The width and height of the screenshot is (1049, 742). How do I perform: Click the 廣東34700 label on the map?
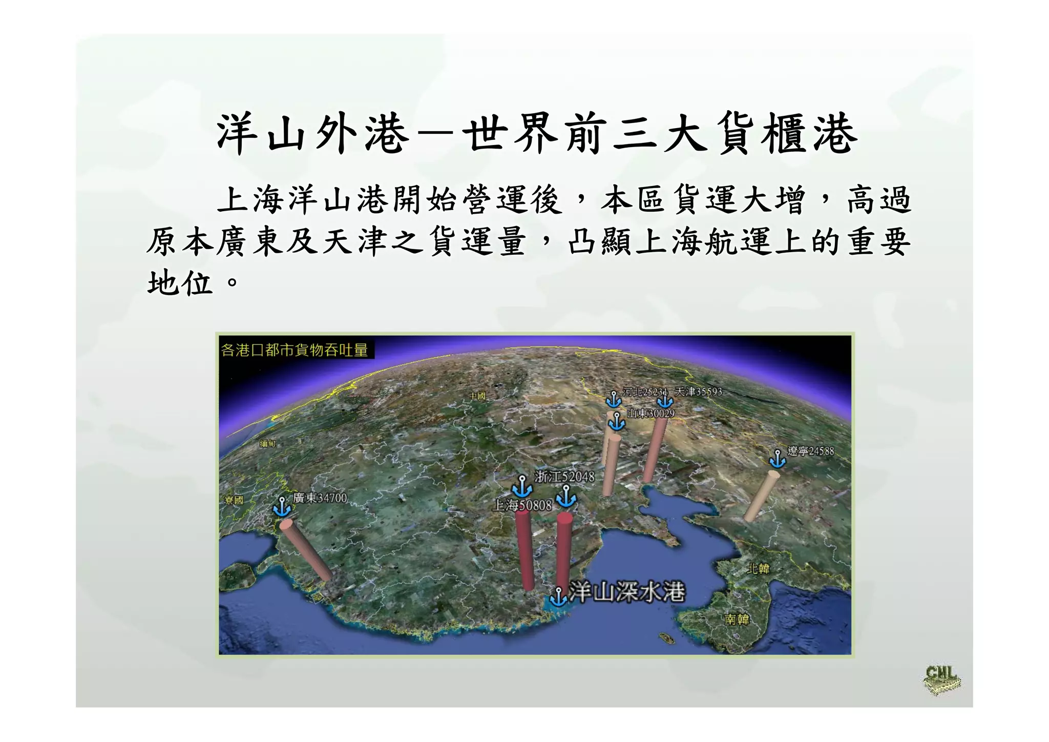point(320,498)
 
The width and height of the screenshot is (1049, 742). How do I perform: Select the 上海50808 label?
point(522,506)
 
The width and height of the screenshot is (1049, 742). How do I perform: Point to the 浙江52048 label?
point(564,477)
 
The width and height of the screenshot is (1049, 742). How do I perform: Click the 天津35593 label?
point(698,392)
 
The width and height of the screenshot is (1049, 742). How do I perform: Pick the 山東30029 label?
point(651,414)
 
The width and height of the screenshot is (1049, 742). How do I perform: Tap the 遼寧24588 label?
point(811,451)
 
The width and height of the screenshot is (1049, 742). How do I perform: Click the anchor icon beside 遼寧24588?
point(778,459)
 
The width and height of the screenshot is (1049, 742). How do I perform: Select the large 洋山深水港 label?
point(627,592)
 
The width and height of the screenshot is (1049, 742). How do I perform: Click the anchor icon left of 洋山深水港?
point(558,596)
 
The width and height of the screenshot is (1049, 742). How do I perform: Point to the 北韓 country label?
point(758,568)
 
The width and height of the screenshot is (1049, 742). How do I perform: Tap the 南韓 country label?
point(737,620)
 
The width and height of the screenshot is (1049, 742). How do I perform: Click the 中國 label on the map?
point(477,396)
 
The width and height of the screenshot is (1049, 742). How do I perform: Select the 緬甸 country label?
point(267,444)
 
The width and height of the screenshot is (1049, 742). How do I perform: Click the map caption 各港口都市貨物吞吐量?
point(295,350)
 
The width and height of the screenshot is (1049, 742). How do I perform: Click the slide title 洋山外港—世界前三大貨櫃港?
point(536,134)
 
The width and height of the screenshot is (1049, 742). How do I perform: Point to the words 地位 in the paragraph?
point(180,283)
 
